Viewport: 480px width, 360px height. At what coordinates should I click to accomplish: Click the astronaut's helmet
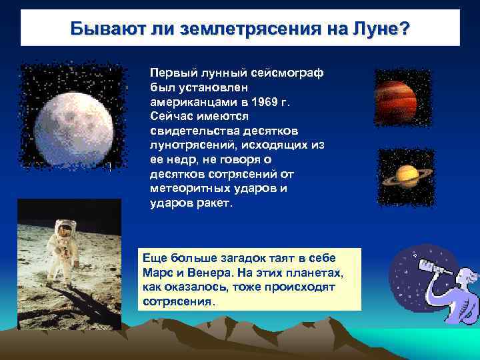tap(64, 231)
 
